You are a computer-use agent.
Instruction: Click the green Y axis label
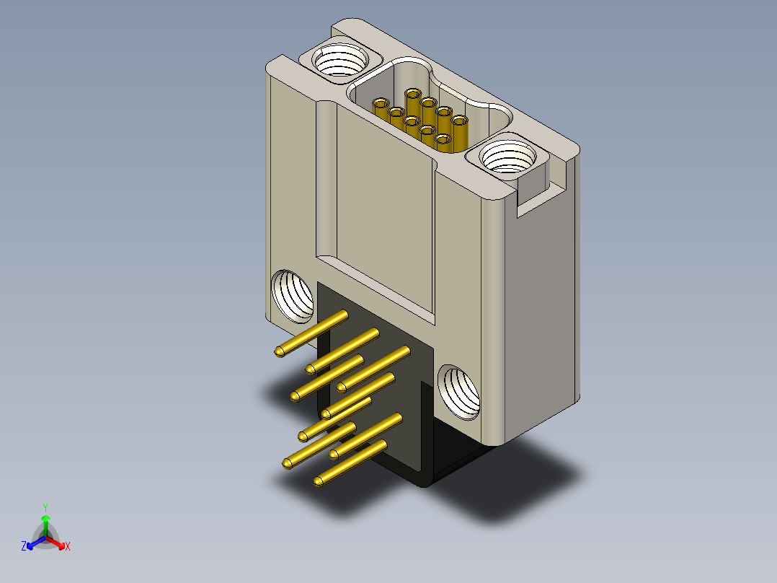point(45,507)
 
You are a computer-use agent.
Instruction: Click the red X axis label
point(68,546)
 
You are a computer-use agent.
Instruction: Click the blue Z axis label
point(24,545)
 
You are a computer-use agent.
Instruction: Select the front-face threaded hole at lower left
point(293,296)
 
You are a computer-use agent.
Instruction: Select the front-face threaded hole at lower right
point(459,392)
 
